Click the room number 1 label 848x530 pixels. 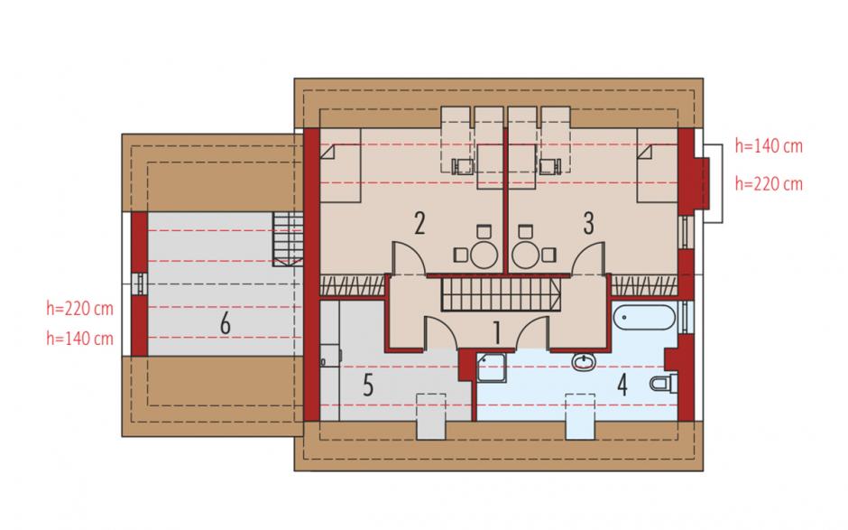coord(497,332)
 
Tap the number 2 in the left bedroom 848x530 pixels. coord(419,224)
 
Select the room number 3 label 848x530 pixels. coord(588,223)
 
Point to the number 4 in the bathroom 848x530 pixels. coord(622,386)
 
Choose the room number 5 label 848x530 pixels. coord(368,386)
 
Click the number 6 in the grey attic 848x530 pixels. coord(225,324)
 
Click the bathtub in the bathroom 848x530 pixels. coord(644,317)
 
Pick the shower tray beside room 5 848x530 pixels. coord(492,367)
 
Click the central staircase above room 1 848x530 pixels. coord(502,294)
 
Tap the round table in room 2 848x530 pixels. coord(484,254)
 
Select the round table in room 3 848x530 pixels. coord(526,254)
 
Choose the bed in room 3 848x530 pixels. coord(657,165)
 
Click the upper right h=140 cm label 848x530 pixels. coord(769,146)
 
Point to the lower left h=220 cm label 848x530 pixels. coord(80,309)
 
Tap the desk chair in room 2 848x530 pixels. coord(463,167)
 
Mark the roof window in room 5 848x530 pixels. coord(431,416)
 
